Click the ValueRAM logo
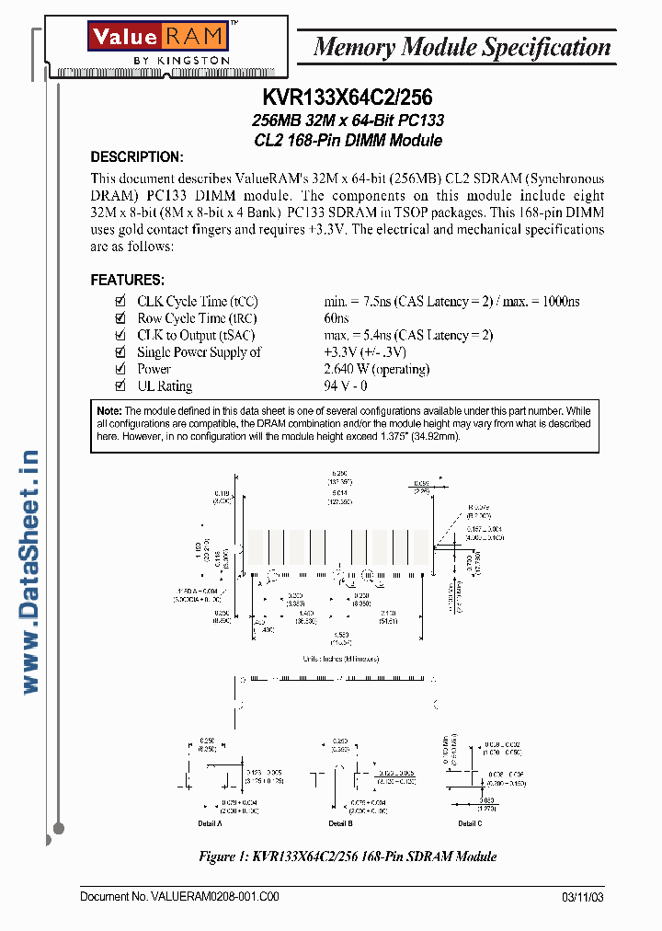(157, 43)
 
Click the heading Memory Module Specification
(462, 47)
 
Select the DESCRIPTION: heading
(136, 157)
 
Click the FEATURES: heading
(127, 280)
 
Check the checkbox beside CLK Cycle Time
(120, 302)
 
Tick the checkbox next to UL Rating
(120, 386)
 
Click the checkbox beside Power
(120, 369)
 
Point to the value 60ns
(337, 318)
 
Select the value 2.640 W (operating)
(376, 369)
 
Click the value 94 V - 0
(345, 386)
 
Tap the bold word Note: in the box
(108, 410)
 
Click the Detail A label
(209, 823)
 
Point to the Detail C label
(470, 823)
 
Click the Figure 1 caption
(348, 856)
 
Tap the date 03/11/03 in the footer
(582, 897)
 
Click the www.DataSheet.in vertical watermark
(30, 571)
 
